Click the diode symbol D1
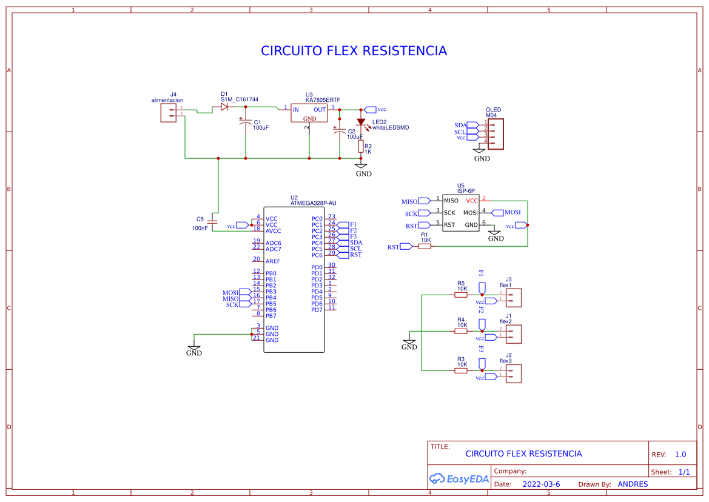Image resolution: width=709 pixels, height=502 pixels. [x=224, y=107]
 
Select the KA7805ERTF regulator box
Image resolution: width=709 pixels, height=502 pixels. [x=309, y=113]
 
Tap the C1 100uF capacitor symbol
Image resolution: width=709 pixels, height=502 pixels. [x=246, y=123]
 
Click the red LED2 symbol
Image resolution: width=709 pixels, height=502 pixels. [x=361, y=122]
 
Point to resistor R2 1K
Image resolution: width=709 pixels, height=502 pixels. [x=361, y=147]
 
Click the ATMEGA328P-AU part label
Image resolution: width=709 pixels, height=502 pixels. [x=313, y=204]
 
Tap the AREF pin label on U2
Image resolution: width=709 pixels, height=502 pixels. [x=273, y=261]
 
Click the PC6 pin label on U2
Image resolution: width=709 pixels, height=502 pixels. [x=317, y=255]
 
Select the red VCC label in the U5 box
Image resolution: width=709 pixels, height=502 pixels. [x=471, y=200]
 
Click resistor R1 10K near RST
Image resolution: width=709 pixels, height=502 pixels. [x=425, y=247]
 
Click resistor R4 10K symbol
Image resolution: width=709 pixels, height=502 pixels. [x=461, y=332]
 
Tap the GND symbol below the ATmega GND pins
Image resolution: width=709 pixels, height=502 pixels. [x=194, y=348]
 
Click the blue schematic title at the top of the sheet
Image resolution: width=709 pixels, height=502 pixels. [x=354, y=51]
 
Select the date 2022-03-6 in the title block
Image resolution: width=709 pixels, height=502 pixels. [x=541, y=484]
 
